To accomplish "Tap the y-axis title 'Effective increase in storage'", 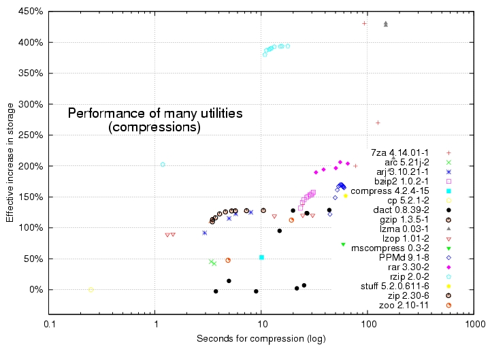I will click(10, 166).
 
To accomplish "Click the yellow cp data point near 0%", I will click(91, 289).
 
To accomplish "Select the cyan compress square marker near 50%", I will click(261, 257).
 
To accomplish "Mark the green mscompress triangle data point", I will click(343, 244).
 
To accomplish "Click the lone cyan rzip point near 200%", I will click(163, 165).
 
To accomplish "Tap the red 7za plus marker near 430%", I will click(365, 23).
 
